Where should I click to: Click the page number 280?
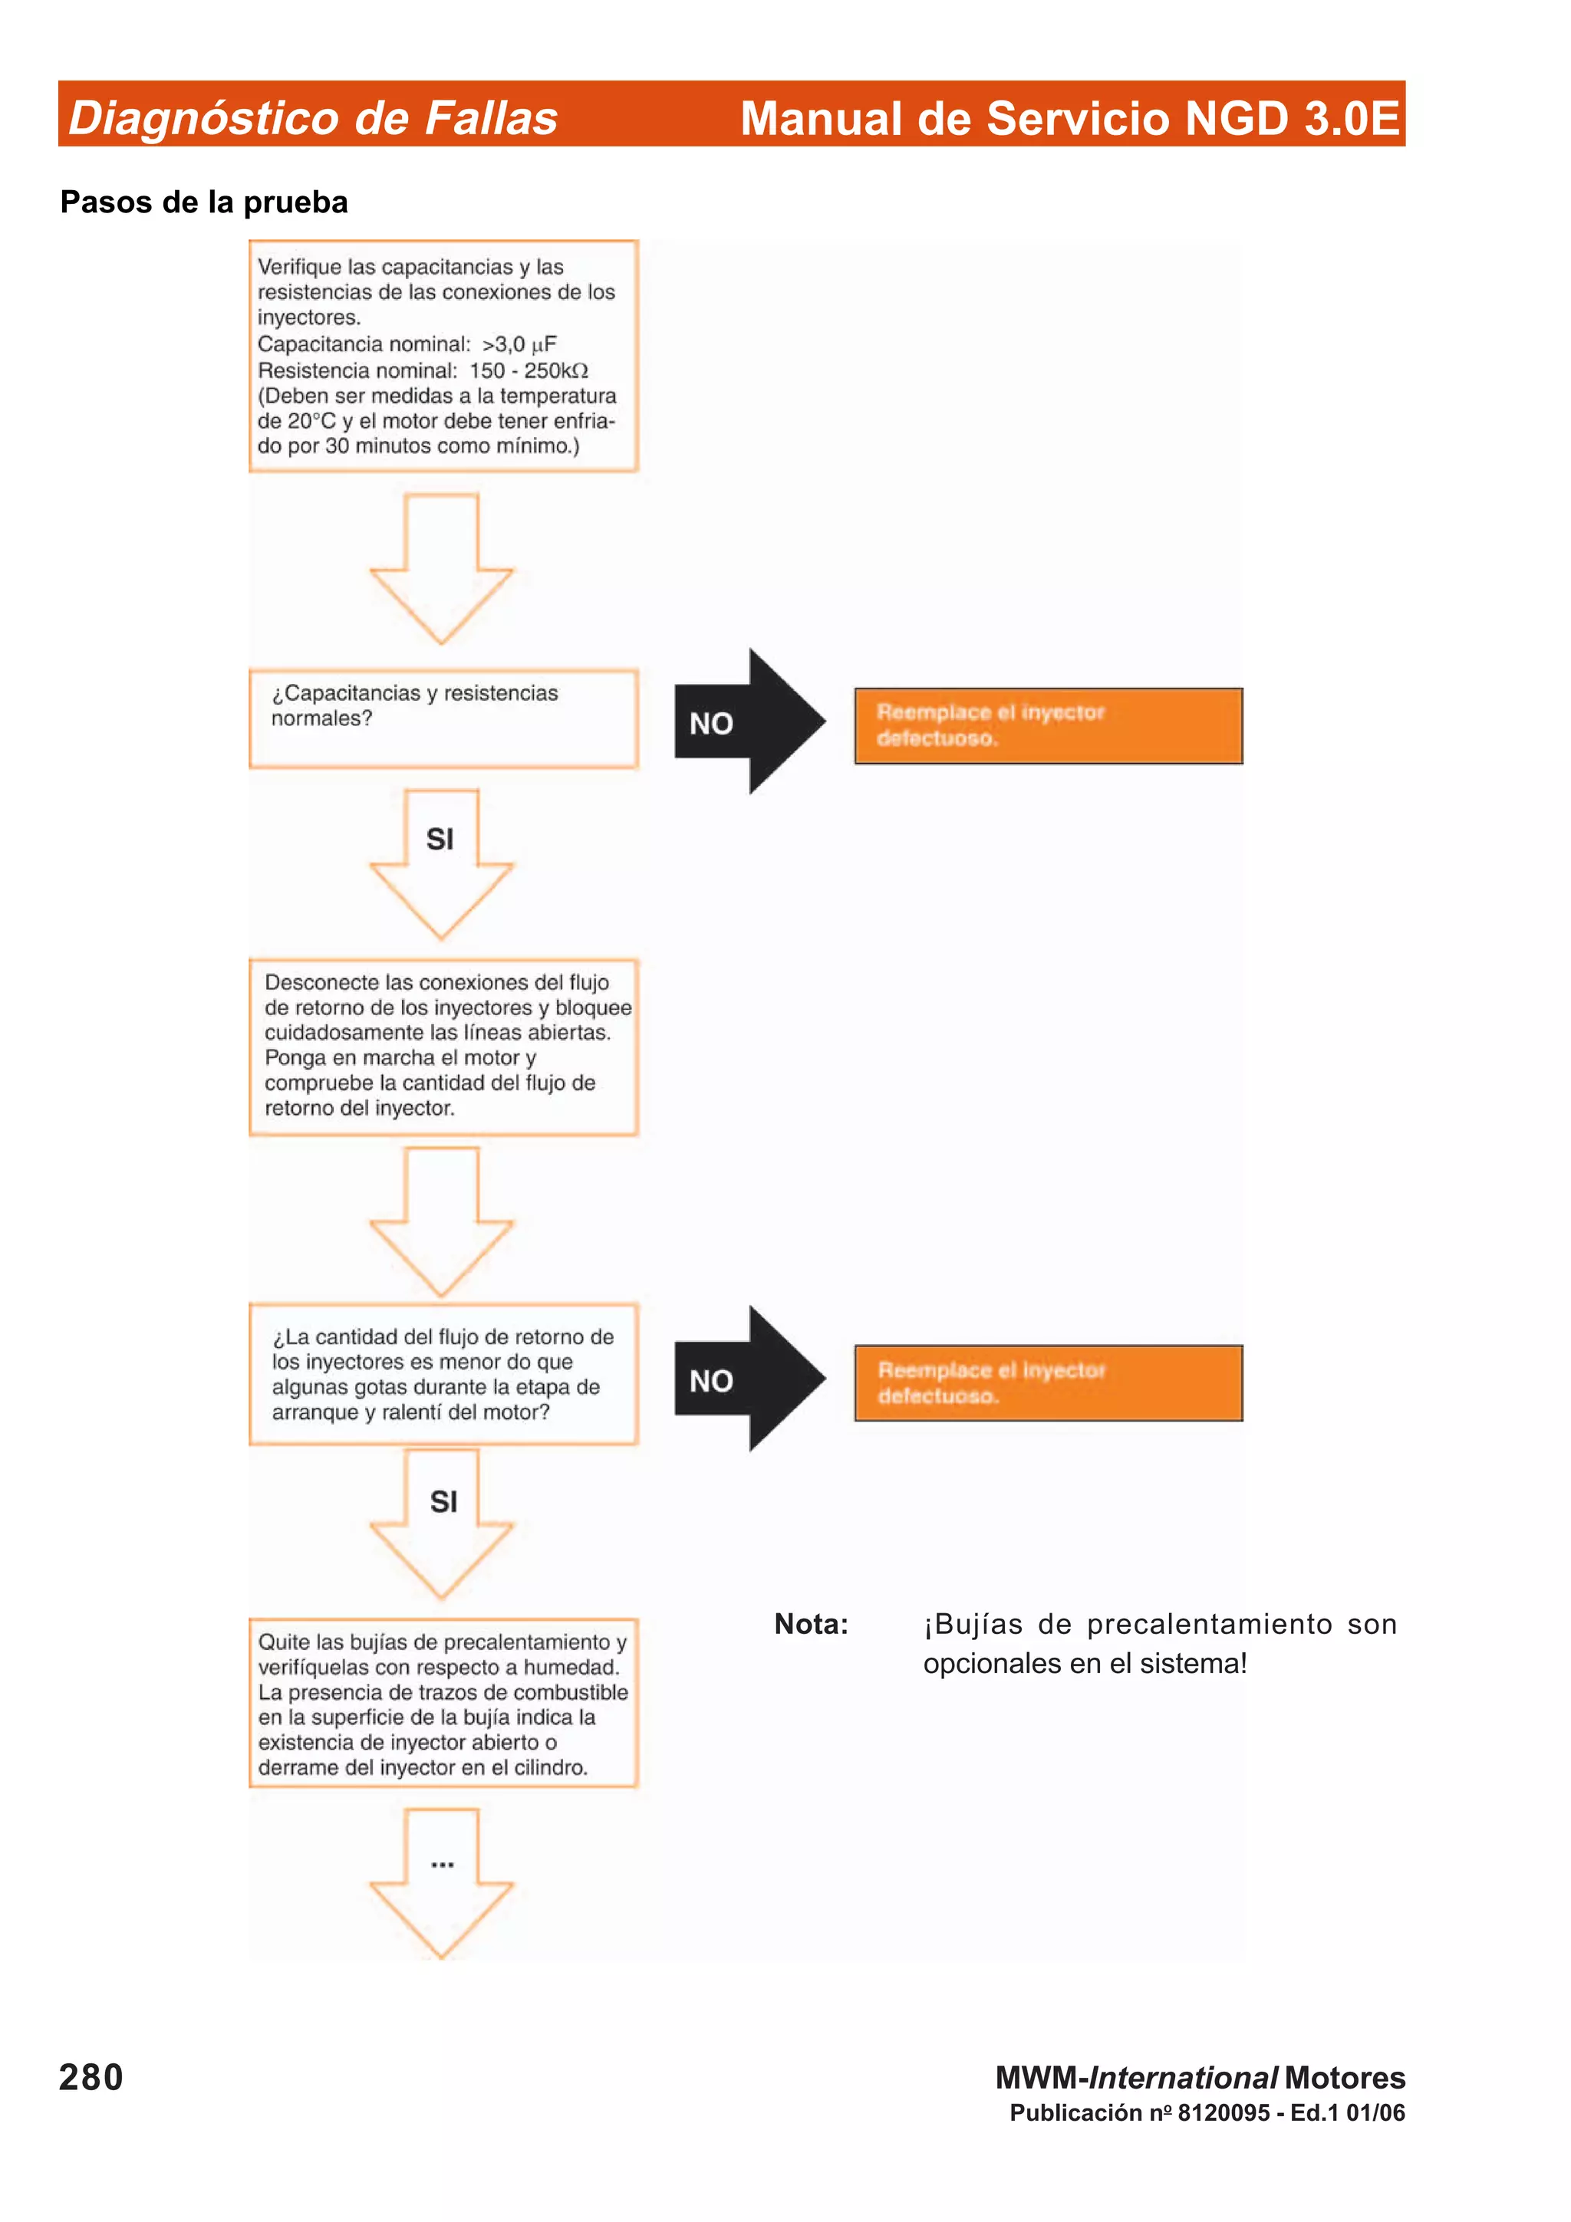[91, 2078]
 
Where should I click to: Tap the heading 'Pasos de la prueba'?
[203, 202]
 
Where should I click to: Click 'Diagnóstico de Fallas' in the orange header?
[313, 118]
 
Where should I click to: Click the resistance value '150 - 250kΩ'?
[529, 370]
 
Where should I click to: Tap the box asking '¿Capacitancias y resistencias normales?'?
[443, 718]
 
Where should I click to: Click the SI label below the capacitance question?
[440, 839]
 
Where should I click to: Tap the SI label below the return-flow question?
[443, 1501]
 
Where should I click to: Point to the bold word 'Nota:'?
[810, 1624]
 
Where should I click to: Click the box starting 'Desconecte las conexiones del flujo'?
[443, 1046]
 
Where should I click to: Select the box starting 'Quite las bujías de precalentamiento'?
[443, 1703]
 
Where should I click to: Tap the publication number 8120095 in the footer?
[1223, 2112]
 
